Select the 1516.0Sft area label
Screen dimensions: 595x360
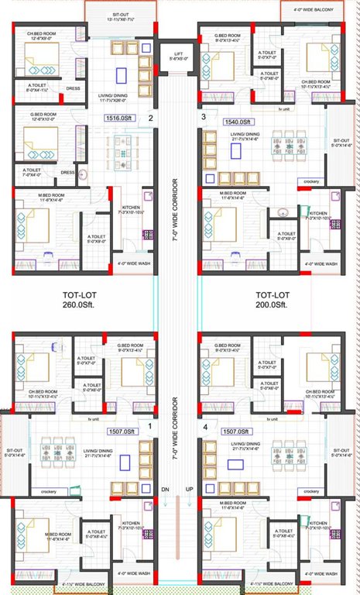click(x=121, y=119)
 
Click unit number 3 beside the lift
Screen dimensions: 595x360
click(x=203, y=118)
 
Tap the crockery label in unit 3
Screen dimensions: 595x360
click(x=312, y=181)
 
